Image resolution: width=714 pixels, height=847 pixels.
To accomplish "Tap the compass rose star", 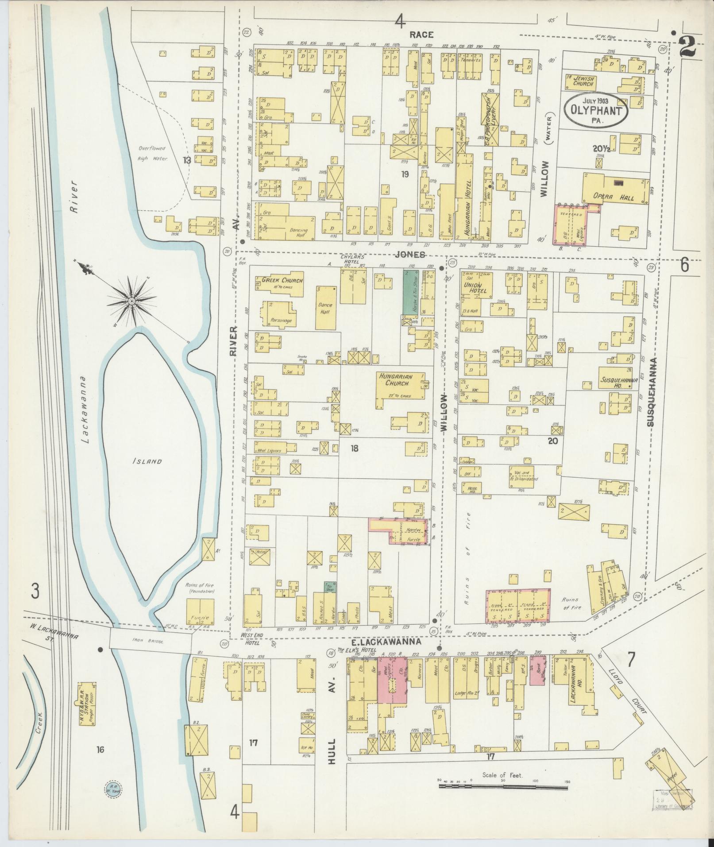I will (x=131, y=301).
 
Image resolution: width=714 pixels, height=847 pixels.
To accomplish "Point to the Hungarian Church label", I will (x=395, y=379).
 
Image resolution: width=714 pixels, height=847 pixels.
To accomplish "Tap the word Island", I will (x=147, y=461).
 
